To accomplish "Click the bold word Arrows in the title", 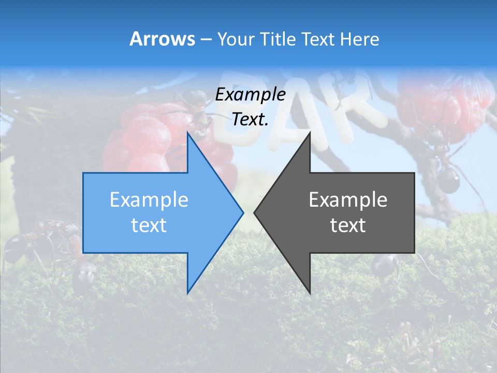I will click(x=163, y=39).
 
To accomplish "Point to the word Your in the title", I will click(x=236, y=39).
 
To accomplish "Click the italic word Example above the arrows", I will click(x=251, y=94).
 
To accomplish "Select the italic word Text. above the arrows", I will click(x=251, y=119).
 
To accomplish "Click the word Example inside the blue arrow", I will click(x=149, y=200).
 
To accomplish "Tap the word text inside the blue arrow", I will click(x=149, y=225).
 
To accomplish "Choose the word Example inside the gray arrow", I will click(x=348, y=200).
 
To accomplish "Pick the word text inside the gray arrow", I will click(x=348, y=225).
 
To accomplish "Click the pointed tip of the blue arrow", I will click(x=242, y=212).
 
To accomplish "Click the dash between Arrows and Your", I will click(x=206, y=39).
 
